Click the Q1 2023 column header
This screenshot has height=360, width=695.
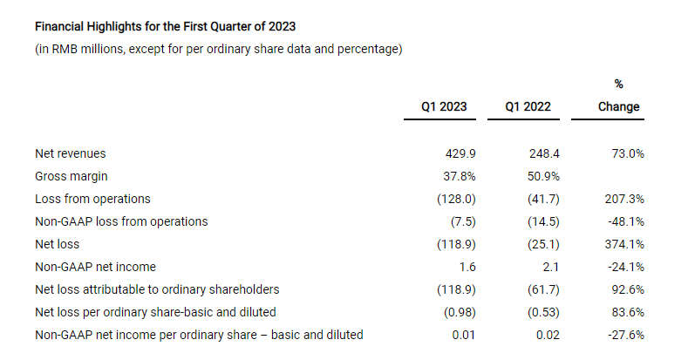(444, 106)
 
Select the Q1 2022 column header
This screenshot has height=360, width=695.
(528, 106)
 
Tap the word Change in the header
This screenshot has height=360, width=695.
(619, 106)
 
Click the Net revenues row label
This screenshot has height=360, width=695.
(71, 153)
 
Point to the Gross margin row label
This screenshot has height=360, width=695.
(72, 176)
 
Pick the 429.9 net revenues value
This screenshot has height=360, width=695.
(460, 153)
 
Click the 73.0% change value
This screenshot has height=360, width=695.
(628, 153)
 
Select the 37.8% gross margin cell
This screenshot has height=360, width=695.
(460, 176)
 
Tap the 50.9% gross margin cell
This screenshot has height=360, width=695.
(543, 176)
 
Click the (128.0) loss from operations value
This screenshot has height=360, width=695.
(457, 199)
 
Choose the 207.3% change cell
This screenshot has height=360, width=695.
(624, 199)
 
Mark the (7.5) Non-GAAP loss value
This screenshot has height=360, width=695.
(463, 221)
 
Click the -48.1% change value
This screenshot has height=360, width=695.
(626, 221)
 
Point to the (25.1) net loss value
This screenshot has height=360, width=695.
(543, 244)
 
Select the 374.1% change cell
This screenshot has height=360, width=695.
(624, 244)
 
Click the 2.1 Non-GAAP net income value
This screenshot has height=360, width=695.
(551, 267)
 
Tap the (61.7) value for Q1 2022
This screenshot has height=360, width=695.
(543, 289)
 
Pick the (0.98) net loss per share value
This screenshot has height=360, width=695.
(460, 312)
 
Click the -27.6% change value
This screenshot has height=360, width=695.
(626, 335)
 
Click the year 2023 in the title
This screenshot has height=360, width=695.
(282, 26)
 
